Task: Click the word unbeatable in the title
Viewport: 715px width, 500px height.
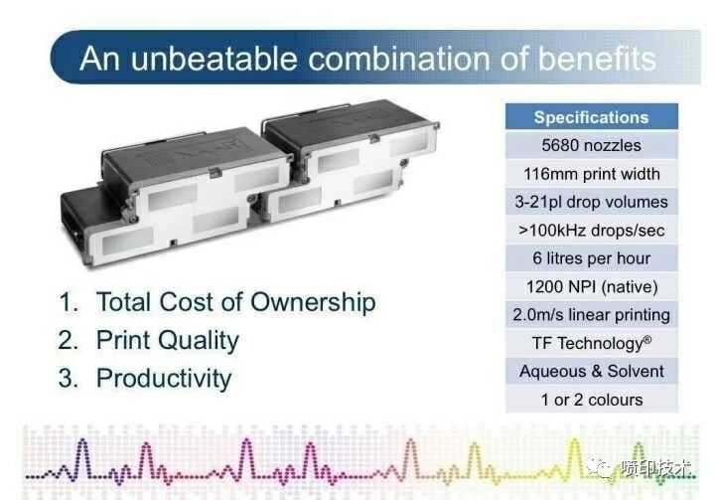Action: click(x=214, y=59)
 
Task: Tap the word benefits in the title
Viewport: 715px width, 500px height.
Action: click(x=598, y=59)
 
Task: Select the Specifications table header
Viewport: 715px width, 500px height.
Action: click(x=592, y=117)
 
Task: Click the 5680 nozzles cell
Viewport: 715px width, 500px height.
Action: click(x=592, y=146)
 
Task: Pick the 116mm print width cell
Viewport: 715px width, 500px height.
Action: click(x=592, y=174)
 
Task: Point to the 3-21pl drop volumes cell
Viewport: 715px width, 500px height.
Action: click(x=592, y=202)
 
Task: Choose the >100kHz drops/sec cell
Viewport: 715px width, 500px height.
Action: click(x=592, y=231)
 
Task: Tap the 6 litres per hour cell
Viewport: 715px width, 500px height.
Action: click(x=592, y=258)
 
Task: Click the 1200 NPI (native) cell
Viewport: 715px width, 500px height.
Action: click(x=592, y=286)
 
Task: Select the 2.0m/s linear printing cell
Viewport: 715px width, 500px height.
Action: click(x=592, y=315)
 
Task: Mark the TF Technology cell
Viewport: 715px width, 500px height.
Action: click(x=592, y=343)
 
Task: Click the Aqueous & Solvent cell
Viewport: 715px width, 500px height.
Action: click(x=592, y=371)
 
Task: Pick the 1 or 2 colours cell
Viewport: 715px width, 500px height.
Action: click(x=592, y=400)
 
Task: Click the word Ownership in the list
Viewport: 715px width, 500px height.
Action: click(x=313, y=303)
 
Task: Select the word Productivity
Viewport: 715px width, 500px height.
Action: click(x=164, y=380)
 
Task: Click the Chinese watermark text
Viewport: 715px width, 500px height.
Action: click(x=656, y=468)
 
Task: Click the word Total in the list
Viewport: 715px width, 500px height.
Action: click(x=123, y=302)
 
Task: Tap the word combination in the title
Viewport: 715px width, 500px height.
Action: click(x=399, y=59)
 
